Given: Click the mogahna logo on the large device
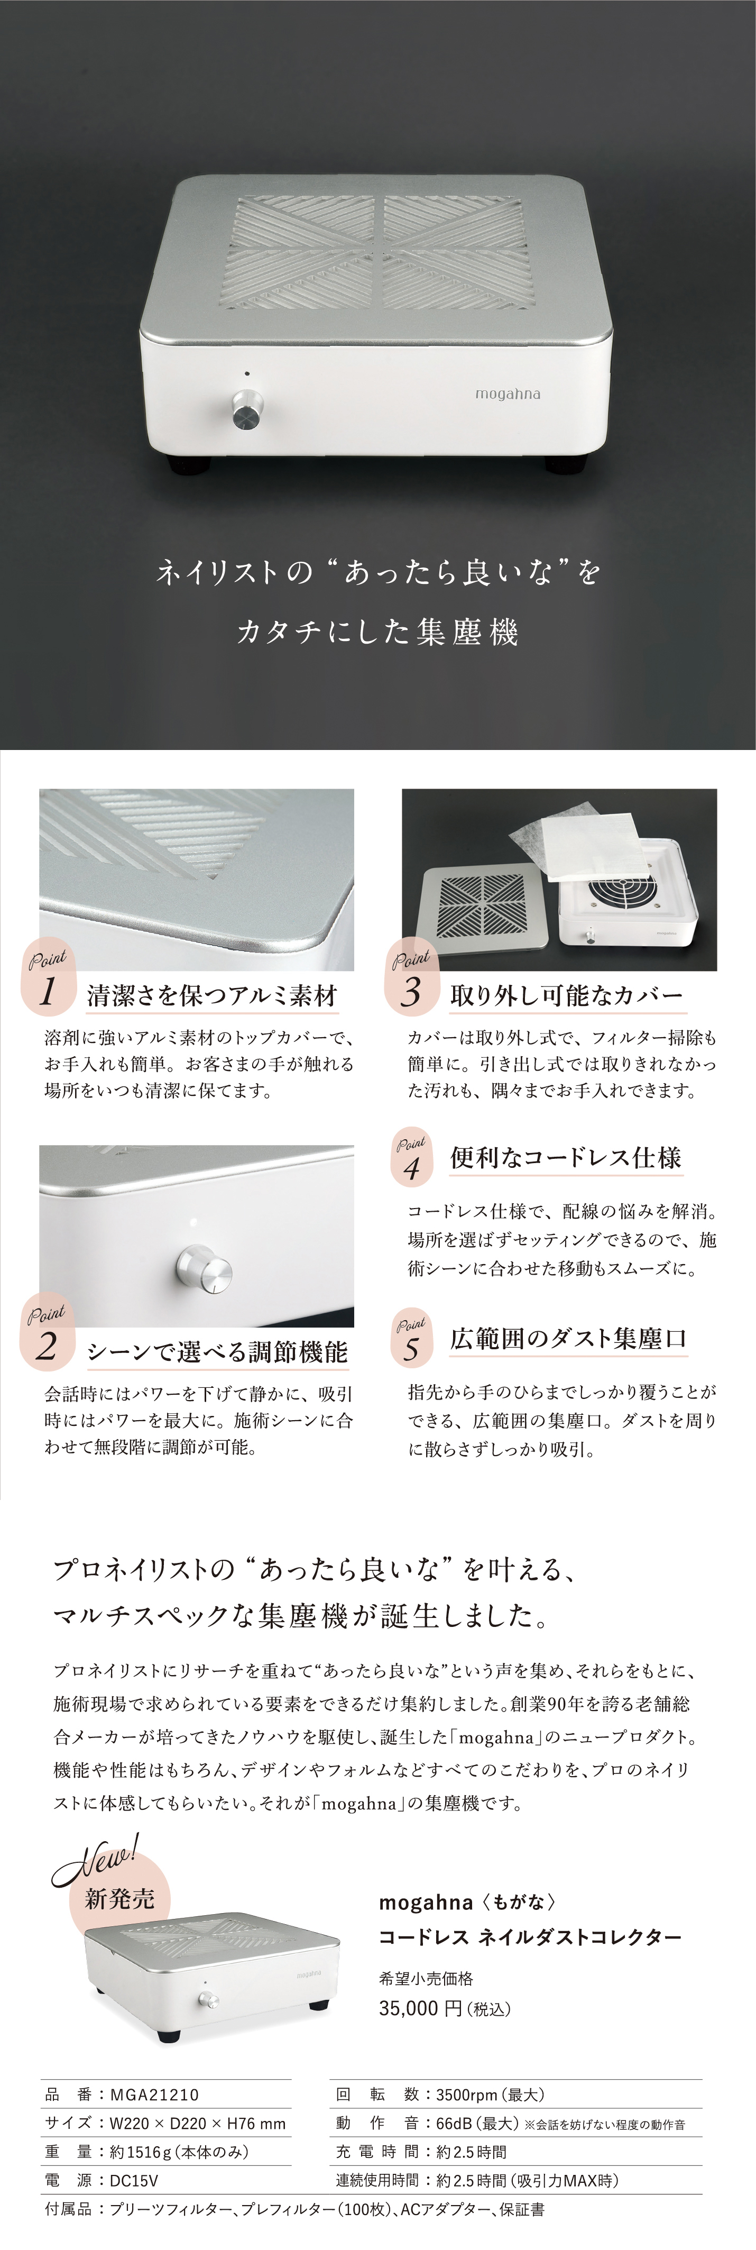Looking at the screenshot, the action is point(507,394).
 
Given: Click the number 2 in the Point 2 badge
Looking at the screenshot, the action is point(47,1346).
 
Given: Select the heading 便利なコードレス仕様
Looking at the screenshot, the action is point(566,1158).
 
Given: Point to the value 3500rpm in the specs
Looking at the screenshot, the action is point(464,2094).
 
